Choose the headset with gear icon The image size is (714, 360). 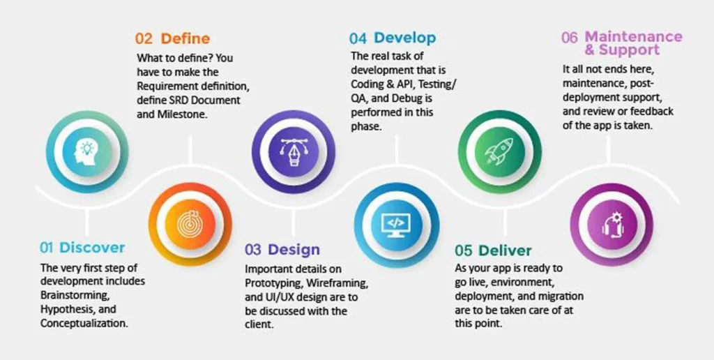pyautogui.click(x=603, y=223)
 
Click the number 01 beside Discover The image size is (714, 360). pyautogui.click(x=47, y=248)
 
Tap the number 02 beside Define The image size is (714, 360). pyautogui.click(x=144, y=39)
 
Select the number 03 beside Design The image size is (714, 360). pyautogui.click(x=253, y=250)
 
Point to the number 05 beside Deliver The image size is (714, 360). pyautogui.click(x=464, y=250)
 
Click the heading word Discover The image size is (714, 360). pyautogui.click(x=92, y=248)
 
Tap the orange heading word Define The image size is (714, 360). pyautogui.click(x=185, y=39)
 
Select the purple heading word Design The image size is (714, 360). pyautogui.click(x=294, y=250)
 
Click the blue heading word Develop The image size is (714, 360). pyautogui.click(x=404, y=38)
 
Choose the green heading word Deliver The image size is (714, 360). pyautogui.click(x=505, y=250)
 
